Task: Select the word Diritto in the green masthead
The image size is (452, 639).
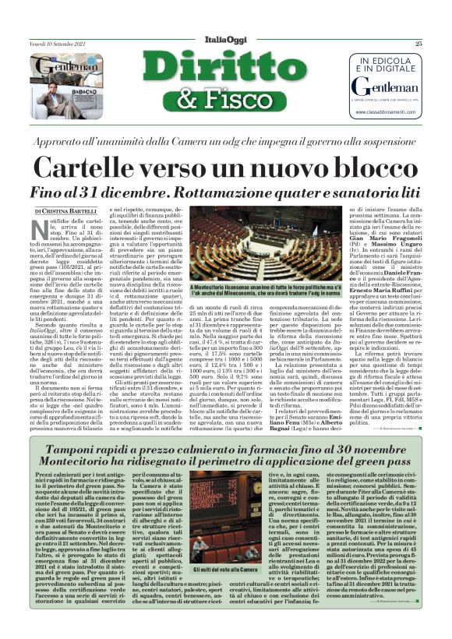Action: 225,66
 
